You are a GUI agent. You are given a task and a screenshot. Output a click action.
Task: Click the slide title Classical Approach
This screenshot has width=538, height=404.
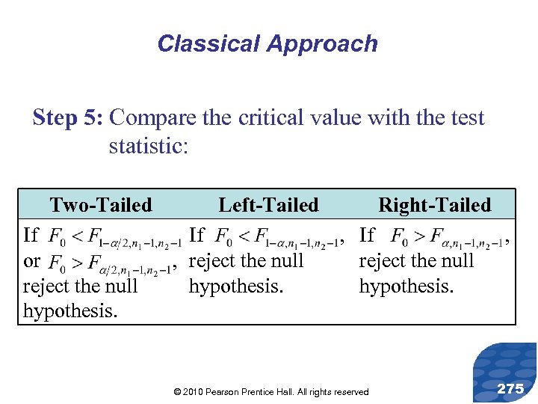[x=267, y=43]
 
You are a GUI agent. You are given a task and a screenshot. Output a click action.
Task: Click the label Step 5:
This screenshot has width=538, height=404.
[x=70, y=118]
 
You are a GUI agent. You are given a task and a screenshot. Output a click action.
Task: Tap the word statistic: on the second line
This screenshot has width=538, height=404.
[x=149, y=145]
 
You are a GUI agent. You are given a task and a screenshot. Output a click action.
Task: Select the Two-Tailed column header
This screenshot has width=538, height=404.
[x=100, y=205]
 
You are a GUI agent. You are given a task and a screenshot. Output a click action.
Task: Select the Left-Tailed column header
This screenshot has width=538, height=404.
[x=268, y=205]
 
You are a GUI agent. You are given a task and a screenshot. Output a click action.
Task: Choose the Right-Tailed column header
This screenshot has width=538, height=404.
[x=435, y=205]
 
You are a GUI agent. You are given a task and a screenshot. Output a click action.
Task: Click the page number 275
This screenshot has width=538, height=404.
[x=510, y=388]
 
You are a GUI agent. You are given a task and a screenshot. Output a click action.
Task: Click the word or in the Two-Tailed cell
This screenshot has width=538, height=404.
[x=31, y=262]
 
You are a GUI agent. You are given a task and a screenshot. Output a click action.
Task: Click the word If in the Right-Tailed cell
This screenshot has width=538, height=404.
[x=368, y=235]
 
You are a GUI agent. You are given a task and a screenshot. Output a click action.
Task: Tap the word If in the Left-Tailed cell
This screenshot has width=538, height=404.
[x=197, y=235]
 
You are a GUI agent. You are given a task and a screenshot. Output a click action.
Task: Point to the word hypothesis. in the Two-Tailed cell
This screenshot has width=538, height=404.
[x=70, y=311]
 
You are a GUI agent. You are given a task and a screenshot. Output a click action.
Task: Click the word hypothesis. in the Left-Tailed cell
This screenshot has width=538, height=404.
[x=236, y=287]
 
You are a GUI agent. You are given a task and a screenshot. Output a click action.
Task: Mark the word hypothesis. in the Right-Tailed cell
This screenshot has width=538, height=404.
[x=406, y=287]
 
